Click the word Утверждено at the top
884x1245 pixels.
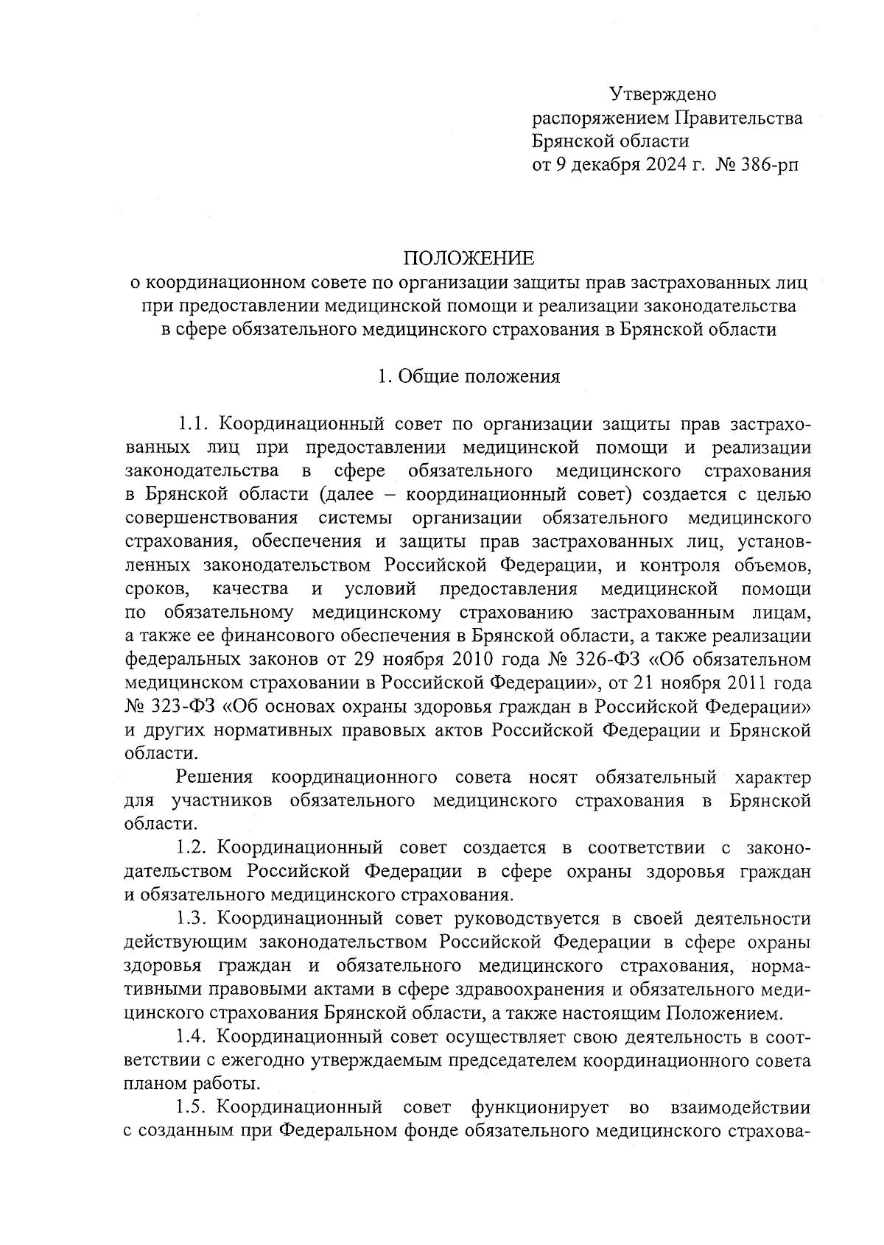[x=662, y=94]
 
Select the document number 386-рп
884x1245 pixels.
[x=762, y=165]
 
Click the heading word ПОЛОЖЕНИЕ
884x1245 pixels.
[x=468, y=258]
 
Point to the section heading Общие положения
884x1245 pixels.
[x=478, y=377]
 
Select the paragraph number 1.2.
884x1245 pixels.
[x=195, y=847]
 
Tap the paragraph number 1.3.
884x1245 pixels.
[x=195, y=918]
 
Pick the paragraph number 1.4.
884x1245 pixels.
[x=195, y=1037]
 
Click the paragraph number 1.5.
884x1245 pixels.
[x=195, y=1107]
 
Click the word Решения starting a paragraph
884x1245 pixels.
[x=214, y=777]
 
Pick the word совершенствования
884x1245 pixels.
[x=212, y=518]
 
